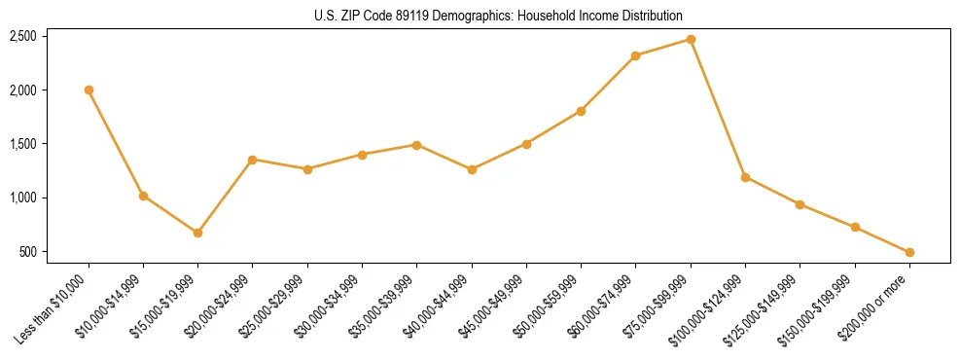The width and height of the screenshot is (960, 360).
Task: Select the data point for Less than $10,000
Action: click(x=89, y=90)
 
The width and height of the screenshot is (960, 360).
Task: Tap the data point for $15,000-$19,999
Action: click(x=197, y=233)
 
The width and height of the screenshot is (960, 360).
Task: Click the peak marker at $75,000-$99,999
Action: click(x=691, y=39)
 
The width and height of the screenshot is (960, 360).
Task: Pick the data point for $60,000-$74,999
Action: click(x=635, y=55)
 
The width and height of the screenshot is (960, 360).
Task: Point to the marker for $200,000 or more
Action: click(x=909, y=252)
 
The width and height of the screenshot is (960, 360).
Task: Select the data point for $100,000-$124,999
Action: click(x=745, y=177)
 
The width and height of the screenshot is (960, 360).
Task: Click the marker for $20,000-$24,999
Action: click(x=253, y=160)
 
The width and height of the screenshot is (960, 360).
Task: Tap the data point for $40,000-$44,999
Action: click(x=472, y=169)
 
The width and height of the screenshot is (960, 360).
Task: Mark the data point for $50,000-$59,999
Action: click(x=581, y=111)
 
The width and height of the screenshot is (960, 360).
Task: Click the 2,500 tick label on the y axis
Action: click(x=22, y=36)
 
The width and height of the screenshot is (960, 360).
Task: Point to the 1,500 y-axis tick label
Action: click(x=22, y=144)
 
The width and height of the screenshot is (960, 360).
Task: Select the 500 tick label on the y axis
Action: click(x=28, y=252)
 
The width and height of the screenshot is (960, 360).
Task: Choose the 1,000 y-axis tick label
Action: click(x=22, y=198)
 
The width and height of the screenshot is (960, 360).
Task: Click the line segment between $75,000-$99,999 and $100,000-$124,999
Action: click(x=718, y=108)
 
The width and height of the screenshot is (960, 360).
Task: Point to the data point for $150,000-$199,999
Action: click(x=855, y=227)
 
